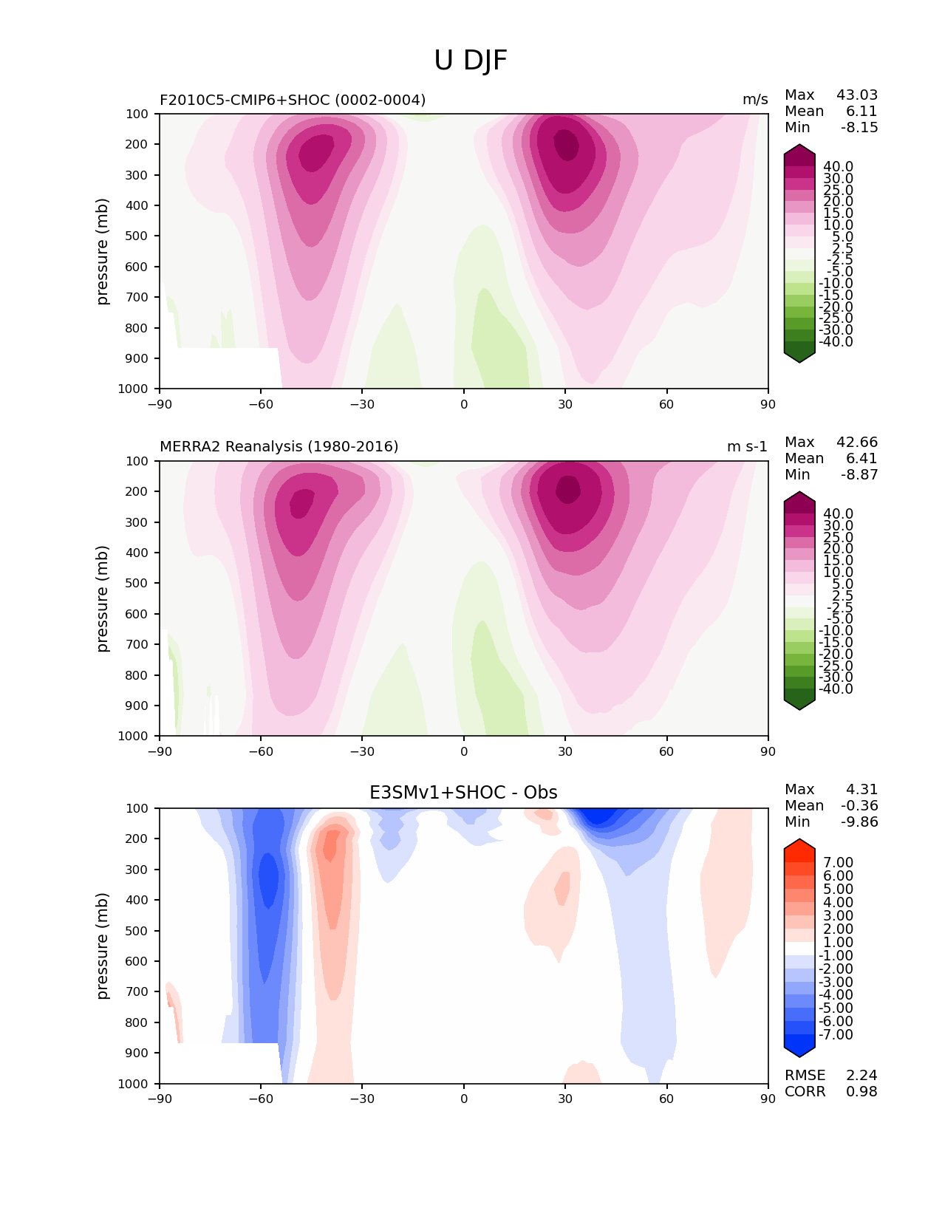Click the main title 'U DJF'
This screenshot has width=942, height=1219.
pyautogui.click(x=471, y=61)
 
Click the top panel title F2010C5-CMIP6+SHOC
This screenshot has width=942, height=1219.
pyautogui.click(x=293, y=100)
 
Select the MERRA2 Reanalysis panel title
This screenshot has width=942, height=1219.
pyautogui.click(x=279, y=447)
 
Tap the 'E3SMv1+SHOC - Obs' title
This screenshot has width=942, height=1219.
pyautogui.click(x=463, y=793)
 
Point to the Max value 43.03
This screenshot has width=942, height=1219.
pyautogui.click(x=857, y=95)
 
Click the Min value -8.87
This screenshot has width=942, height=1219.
pyautogui.click(x=859, y=475)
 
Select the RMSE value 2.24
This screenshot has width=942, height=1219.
pyautogui.click(x=861, y=1076)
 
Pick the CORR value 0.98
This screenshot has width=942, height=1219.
pyautogui.click(x=861, y=1092)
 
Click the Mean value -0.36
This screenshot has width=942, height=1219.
pyautogui.click(x=859, y=806)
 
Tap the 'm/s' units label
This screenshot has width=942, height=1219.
pyautogui.click(x=755, y=100)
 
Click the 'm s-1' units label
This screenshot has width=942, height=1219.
pyautogui.click(x=747, y=447)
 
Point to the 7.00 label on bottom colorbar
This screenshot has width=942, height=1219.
pyautogui.click(x=838, y=863)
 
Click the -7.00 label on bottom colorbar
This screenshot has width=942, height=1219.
pyautogui.click(x=836, y=1035)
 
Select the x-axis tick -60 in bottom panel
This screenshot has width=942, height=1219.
pyautogui.click(x=261, y=1099)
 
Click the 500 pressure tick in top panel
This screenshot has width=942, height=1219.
pyautogui.click(x=138, y=236)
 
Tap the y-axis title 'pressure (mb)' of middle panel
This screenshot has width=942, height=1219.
pyautogui.click(x=103, y=598)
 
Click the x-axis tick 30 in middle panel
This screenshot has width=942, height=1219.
pyautogui.click(x=565, y=751)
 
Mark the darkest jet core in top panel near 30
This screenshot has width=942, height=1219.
pyautogui.click(x=567, y=141)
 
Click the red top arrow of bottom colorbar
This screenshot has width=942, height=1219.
pyautogui.click(x=799, y=846)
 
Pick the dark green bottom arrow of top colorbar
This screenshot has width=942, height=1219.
pyautogui.click(x=799, y=356)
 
